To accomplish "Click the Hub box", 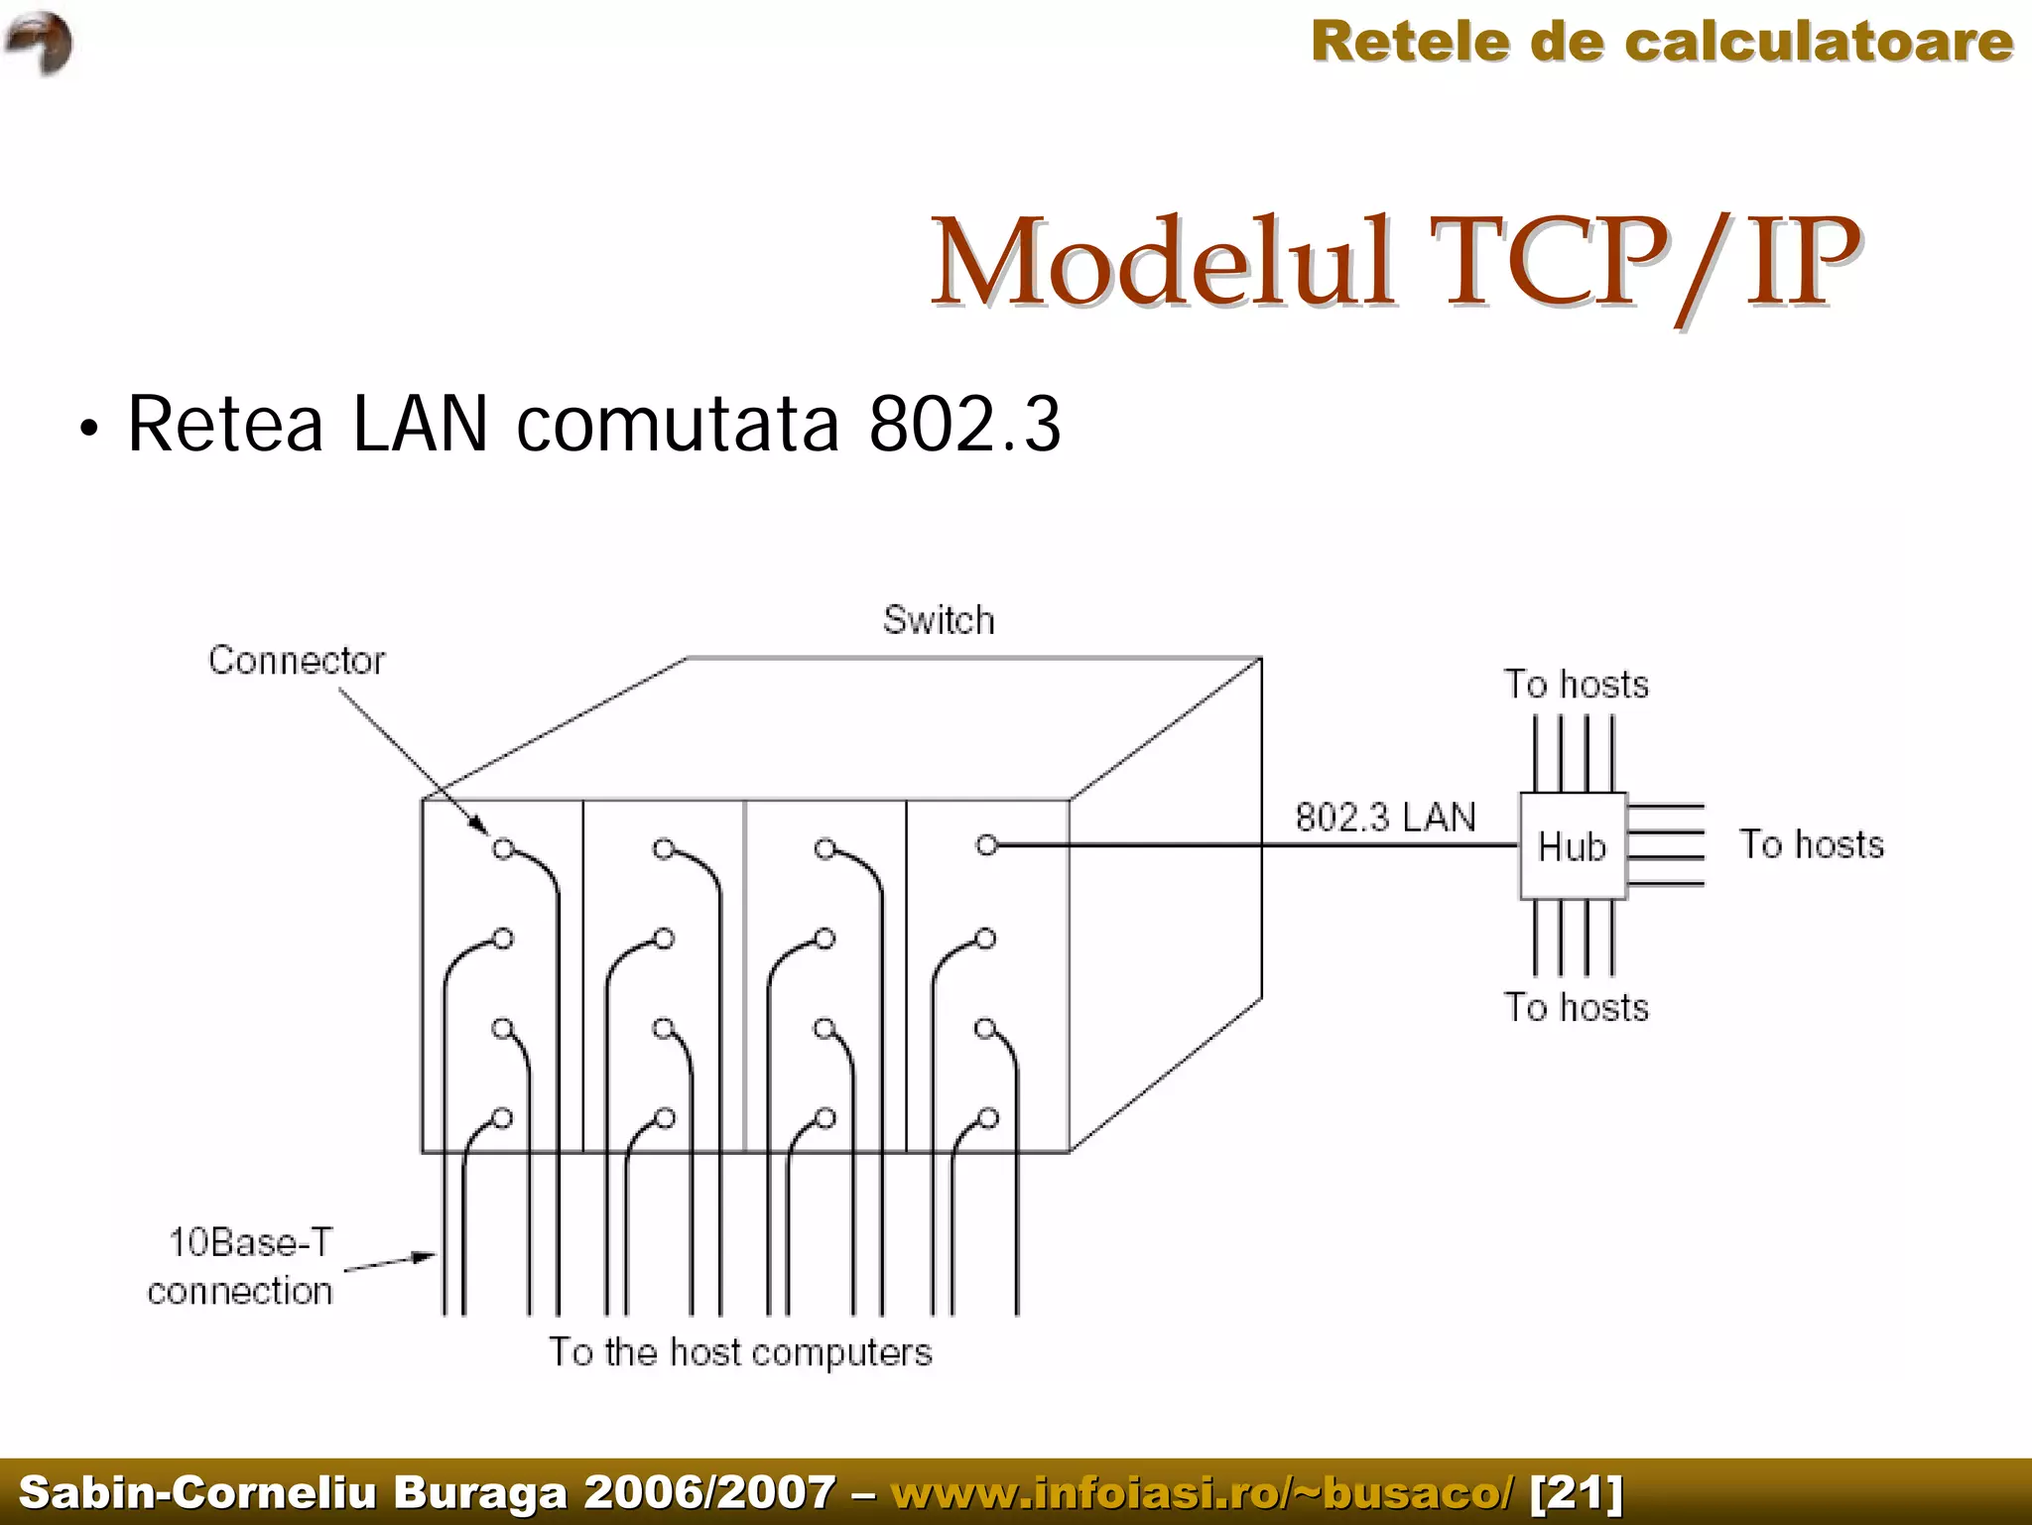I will pos(1573,846).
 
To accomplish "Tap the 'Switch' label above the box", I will pos(939,620).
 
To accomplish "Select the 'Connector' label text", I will pos(296,660).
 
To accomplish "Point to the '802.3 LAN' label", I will pos(1385,818).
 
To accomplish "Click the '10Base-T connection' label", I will pos(242,1266).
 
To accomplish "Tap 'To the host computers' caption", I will pos(740,1352).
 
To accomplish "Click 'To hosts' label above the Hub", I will pos(1576,685).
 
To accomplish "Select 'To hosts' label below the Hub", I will pos(1576,1007).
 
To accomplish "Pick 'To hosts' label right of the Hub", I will pos(1811,844).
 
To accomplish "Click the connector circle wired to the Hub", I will pos(986,845).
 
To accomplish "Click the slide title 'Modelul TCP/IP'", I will pos(1394,263).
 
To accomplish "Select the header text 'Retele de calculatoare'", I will pos(1662,42).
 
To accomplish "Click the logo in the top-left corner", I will pos(40,43).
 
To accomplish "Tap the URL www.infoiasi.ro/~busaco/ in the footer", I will pos(1203,1492).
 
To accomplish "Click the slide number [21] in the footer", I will pos(1577,1492).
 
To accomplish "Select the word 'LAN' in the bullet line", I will pos(420,425).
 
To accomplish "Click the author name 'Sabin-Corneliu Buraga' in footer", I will pos(294,1492).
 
